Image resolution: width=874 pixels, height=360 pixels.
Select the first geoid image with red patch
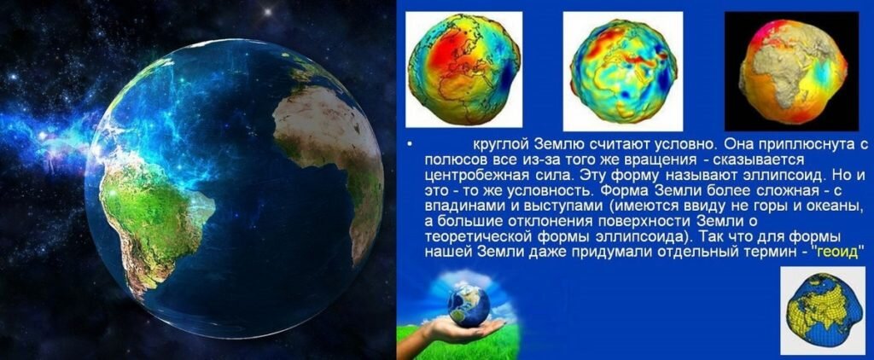pos(463,70)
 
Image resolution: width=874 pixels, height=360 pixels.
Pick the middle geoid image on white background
pos(621,70)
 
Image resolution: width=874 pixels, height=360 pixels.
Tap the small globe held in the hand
pos(469,305)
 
